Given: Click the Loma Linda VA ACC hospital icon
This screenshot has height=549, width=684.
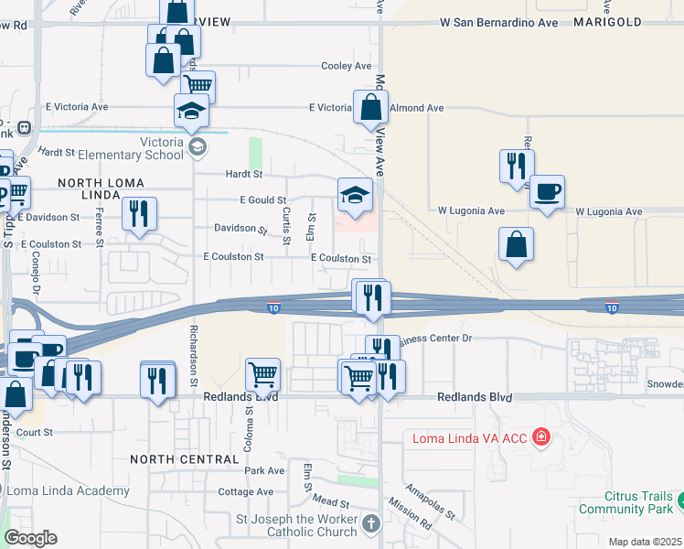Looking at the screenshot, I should click(541, 437).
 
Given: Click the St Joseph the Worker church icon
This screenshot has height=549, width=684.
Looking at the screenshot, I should click(370, 523).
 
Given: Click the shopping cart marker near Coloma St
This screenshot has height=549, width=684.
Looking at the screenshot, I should click(262, 373).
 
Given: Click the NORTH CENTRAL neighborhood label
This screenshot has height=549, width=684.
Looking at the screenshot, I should click(172, 457).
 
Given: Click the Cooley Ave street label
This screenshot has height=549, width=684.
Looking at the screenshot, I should click(347, 66).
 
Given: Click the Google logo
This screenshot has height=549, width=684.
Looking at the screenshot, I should click(31, 538).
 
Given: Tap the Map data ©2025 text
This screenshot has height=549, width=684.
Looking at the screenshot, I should click(644, 542).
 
